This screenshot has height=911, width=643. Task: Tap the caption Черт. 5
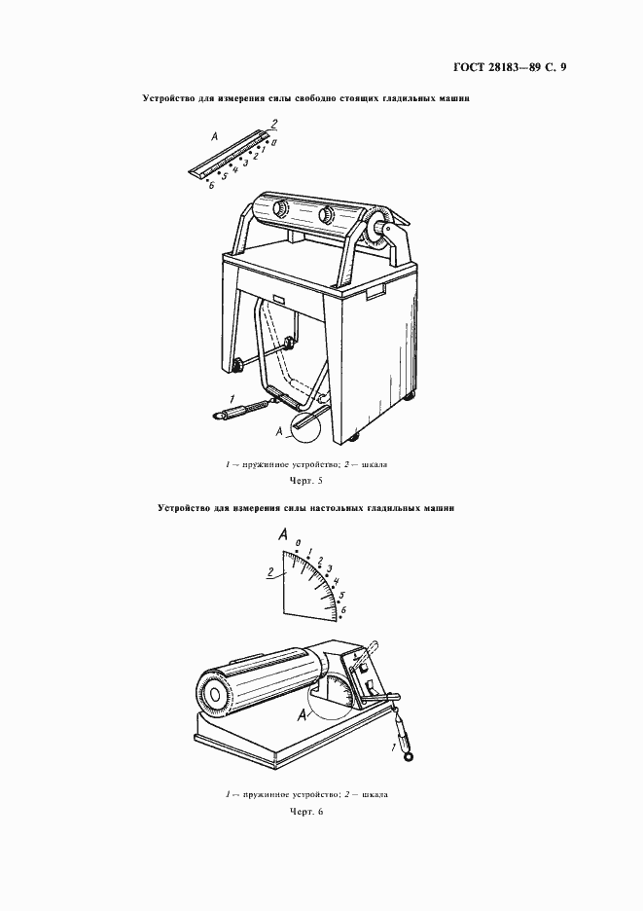click(x=305, y=481)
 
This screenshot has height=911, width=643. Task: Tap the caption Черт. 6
click(x=306, y=811)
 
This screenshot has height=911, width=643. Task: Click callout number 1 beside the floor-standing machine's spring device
click(x=232, y=399)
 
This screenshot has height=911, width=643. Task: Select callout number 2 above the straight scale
click(x=274, y=124)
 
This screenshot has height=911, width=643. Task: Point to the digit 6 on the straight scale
click(x=211, y=185)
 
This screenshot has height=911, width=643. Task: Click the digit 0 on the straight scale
click(x=273, y=142)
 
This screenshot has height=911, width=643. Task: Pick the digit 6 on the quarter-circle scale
click(x=342, y=610)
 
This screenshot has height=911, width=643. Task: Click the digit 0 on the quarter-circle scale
click(x=298, y=543)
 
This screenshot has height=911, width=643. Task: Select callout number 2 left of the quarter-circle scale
click(x=270, y=573)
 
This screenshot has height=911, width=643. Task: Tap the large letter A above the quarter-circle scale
click(x=284, y=533)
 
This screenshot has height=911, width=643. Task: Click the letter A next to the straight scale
click(x=214, y=137)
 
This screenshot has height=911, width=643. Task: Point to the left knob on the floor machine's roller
click(x=280, y=209)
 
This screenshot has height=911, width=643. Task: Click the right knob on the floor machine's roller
click(x=326, y=214)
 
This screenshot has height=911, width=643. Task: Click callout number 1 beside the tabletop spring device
click(x=395, y=746)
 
